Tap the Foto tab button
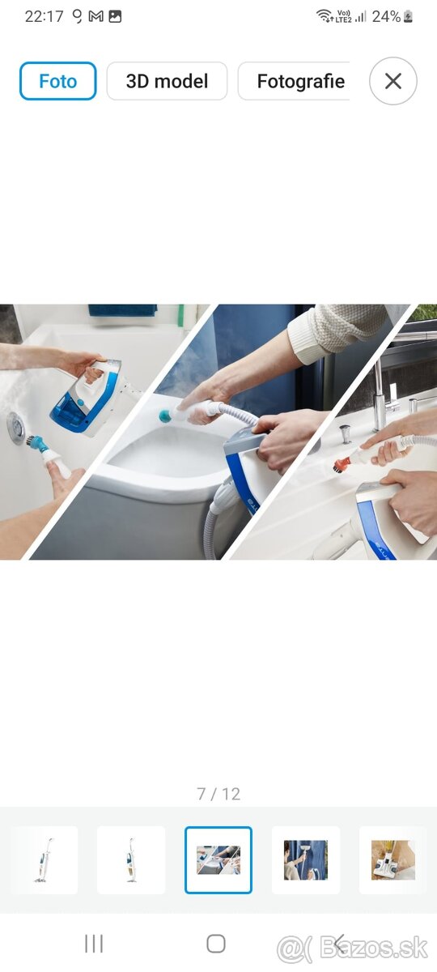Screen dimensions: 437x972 [x=57, y=81]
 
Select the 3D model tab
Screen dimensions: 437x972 [x=167, y=81]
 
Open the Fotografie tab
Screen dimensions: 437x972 [x=295, y=81]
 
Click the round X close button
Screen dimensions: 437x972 [x=392, y=81]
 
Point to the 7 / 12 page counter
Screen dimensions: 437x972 [x=218, y=794]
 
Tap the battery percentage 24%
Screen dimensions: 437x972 [x=386, y=16]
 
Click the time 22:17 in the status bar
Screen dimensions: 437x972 [x=44, y=16]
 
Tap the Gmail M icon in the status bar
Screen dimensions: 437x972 [x=95, y=16]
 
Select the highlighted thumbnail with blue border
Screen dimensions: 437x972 [x=218, y=859]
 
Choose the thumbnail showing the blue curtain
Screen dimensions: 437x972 [x=306, y=859]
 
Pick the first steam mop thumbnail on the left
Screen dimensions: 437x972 [x=45, y=859]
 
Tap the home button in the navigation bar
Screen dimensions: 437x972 [x=216, y=944]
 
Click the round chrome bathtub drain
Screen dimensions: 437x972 [x=16, y=428]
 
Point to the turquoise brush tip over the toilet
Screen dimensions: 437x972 [x=165, y=416]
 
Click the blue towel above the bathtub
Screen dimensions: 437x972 [x=123, y=310]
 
